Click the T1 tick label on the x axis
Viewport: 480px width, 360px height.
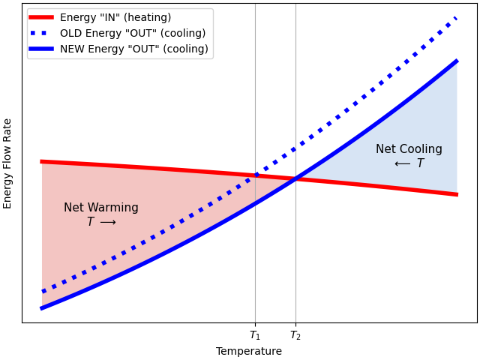255,335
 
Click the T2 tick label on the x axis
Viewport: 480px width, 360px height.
295,335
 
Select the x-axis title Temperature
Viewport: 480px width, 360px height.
249,351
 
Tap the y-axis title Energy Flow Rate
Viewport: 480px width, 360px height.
8,163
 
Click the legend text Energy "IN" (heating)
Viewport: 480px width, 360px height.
115,18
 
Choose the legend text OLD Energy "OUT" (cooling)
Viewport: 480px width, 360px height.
133,34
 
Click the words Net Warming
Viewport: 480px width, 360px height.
101,208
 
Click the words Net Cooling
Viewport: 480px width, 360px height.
409,149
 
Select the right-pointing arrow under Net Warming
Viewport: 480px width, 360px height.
108,223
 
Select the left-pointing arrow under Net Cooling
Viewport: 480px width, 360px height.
402,164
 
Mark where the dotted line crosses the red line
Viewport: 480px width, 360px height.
255,175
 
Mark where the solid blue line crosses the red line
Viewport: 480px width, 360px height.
295,178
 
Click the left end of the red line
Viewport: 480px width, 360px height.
42,161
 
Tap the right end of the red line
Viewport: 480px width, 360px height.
457,194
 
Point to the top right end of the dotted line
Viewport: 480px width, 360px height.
457,16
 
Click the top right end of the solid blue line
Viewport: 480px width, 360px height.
457,61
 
